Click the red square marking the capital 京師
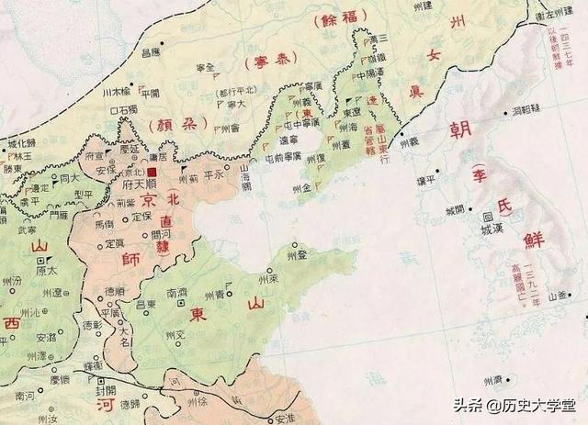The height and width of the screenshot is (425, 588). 153,172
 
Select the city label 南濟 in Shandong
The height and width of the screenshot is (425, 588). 177,294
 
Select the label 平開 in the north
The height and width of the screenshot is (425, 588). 148,93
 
